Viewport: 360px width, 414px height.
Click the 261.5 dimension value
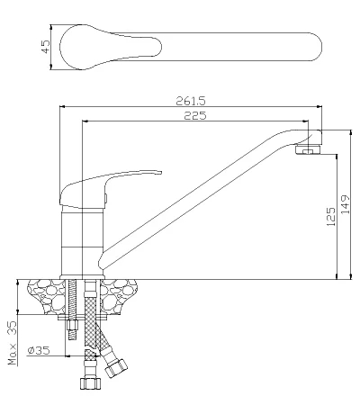(x=191, y=101)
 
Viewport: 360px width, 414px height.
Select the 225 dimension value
(x=195, y=115)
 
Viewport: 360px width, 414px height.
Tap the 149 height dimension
(x=346, y=204)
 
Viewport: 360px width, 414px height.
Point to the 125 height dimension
(x=331, y=216)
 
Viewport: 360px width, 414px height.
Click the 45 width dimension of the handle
(x=46, y=47)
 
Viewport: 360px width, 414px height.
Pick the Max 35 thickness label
(x=13, y=343)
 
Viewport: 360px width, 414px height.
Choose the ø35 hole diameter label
(x=39, y=350)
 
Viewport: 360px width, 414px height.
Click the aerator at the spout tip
(x=308, y=149)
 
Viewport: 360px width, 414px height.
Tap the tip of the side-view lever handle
(x=161, y=172)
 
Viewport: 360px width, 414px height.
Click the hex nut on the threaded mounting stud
(x=73, y=325)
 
